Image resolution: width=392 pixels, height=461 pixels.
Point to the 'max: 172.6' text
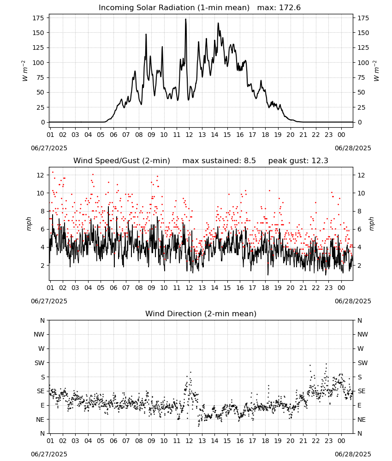pyautogui.click(x=279, y=8)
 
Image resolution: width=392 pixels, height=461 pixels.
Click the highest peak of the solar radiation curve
pyautogui.click(x=185, y=19)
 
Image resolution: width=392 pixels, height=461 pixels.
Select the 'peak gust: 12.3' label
pyautogui.click(x=298, y=161)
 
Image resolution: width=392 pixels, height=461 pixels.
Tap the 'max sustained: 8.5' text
pyautogui.click(x=219, y=161)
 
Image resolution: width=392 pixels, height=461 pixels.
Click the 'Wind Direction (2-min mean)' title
pyautogui.click(x=201, y=313)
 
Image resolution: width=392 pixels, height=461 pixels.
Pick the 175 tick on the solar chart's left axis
pyautogui.click(x=38, y=18)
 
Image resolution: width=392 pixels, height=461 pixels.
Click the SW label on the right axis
pyautogui.click(x=362, y=363)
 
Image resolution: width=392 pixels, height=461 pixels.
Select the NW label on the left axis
pyautogui.click(x=39, y=334)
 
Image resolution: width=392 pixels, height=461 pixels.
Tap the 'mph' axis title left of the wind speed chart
pyautogui.click(x=29, y=224)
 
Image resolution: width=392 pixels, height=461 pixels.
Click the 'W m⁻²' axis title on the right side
pyautogui.click(x=376, y=71)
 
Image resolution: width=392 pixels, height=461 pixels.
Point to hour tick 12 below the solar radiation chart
pyautogui.click(x=189, y=135)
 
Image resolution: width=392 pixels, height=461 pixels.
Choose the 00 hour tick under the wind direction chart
pyautogui.click(x=341, y=441)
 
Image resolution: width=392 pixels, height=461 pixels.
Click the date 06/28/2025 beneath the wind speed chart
pyautogui.click(x=353, y=301)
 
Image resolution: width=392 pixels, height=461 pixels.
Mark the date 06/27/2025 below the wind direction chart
pyautogui.click(x=49, y=454)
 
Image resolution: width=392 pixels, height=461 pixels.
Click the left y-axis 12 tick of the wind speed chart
pyautogui.click(x=41, y=175)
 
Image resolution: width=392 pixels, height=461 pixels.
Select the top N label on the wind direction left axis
pyautogui.click(x=42, y=320)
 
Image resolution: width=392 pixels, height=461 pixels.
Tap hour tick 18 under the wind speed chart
pyautogui.click(x=265, y=288)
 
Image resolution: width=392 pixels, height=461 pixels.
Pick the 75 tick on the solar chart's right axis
pyautogui.click(x=361, y=77)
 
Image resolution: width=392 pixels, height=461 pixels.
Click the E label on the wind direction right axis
pyautogui.click(x=359, y=405)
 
